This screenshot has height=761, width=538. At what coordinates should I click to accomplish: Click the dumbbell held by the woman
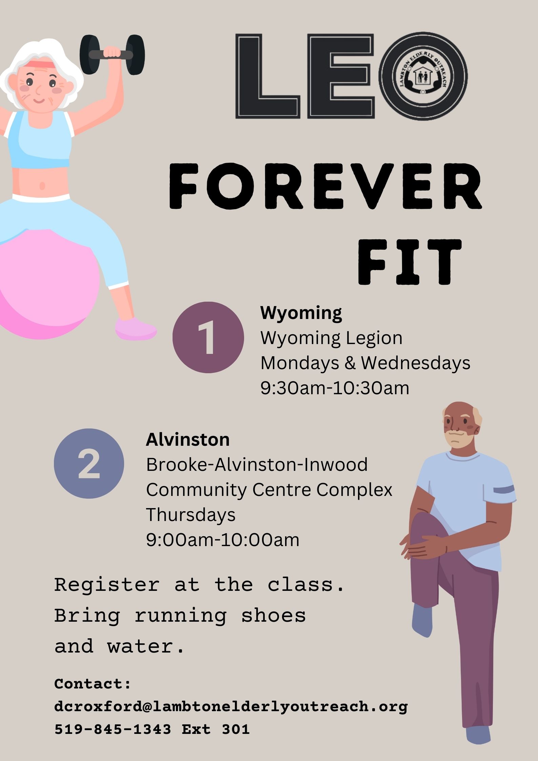point(112,54)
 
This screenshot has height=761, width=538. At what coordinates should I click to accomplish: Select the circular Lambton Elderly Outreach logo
point(423,76)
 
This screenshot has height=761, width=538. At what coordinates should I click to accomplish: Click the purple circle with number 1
point(208,337)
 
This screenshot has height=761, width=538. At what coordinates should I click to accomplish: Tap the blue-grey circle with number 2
point(89,463)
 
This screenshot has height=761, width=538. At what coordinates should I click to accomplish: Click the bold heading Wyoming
point(301,313)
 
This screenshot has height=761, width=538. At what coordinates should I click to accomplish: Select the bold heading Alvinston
point(188,440)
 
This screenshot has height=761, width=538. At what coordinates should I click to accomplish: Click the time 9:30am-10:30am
point(335,388)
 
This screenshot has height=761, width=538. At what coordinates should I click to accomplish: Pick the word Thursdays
point(191,515)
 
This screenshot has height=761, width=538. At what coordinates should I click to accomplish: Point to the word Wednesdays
point(415,363)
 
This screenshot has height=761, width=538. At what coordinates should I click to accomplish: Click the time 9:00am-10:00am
point(223,540)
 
